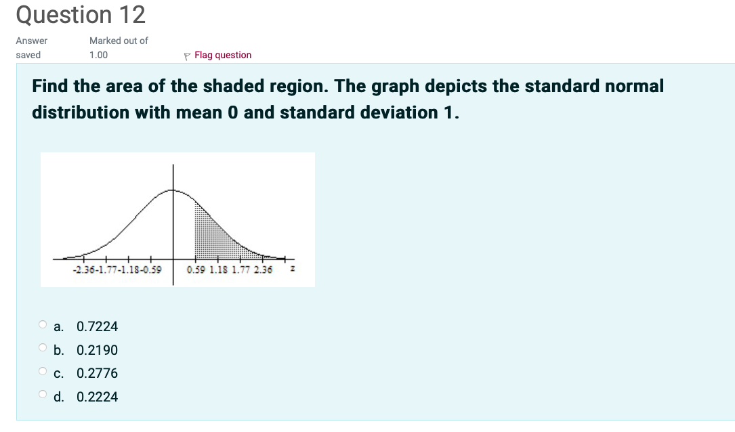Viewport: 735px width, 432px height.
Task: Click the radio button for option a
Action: pos(42,325)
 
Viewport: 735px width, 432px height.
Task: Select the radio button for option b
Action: pos(42,349)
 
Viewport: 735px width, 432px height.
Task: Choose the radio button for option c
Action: pos(42,372)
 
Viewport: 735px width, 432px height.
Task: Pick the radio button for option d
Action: pos(42,395)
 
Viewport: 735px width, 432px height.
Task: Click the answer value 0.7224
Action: pos(97,327)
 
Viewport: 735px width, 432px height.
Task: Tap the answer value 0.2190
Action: pos(97,350)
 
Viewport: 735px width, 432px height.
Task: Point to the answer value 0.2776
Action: pos(97,374)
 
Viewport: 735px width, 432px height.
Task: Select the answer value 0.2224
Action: pos(97,397)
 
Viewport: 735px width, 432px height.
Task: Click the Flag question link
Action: pos(222,56)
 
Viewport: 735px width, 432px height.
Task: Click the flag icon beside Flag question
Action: pos(188,56)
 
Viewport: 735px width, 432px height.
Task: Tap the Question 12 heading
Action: pos(80,15)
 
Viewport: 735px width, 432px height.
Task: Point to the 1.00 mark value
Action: pos(98,55)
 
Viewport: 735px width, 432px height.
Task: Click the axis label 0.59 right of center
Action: pos(196,270)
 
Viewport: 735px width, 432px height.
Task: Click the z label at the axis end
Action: pos(292,269)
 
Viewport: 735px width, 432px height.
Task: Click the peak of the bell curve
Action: pos(173,190)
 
